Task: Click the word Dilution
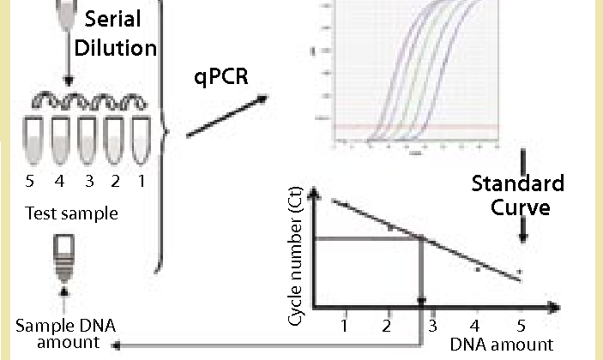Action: [116, 46]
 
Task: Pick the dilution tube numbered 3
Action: [86, 140]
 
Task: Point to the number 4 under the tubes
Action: [61, 182]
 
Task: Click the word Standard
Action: [518, 183]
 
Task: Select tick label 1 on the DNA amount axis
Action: [344, 327]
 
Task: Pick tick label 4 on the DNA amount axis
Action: [474, 327]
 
